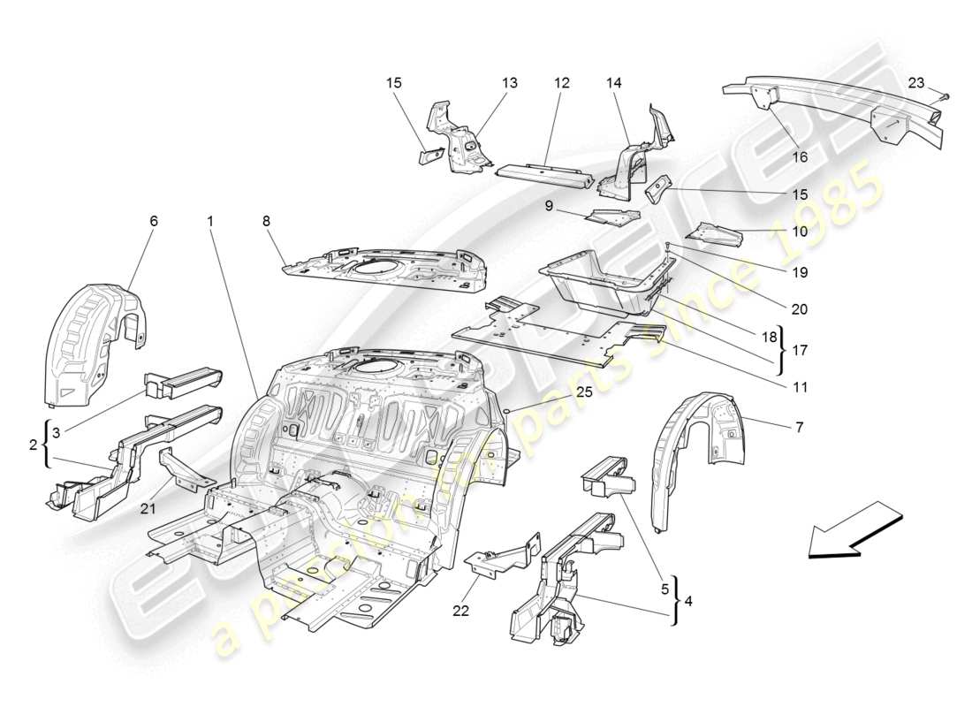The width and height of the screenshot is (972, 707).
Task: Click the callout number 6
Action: [154, 221]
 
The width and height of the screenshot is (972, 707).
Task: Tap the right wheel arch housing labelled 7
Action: [694, 460]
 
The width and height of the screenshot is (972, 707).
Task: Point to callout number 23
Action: [916, 82]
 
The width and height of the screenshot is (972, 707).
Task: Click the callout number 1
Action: [211, 221]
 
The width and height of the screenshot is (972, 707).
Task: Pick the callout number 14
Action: [614, 82]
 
